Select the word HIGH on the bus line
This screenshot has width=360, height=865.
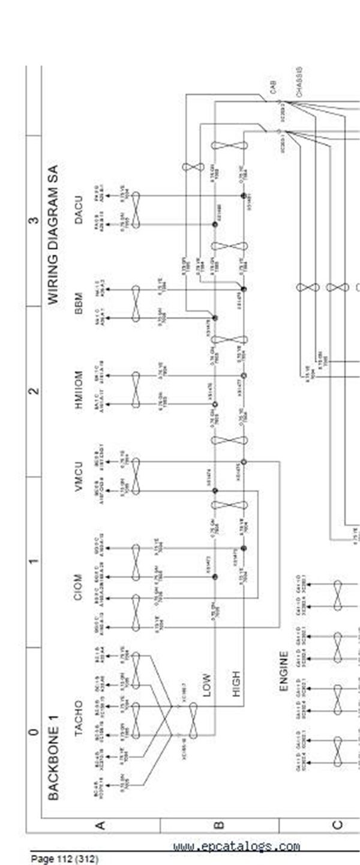point(236,684)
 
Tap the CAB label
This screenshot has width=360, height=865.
point(274,88)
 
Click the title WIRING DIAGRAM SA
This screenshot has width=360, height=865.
point(55,235)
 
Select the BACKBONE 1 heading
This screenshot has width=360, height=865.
point(53,762)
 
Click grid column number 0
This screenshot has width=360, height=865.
point(34,731)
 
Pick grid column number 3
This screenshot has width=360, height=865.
point(34,220)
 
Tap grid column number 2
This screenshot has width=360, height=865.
point(34,391)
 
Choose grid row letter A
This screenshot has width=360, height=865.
point(100,825)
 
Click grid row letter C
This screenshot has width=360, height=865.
point(337,825)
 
